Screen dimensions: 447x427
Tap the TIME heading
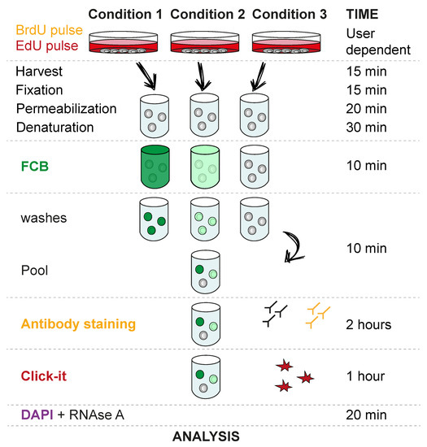tap(364, 14)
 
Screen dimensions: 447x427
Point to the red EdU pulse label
tap(41, 45)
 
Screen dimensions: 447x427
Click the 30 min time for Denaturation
tap(365, 128)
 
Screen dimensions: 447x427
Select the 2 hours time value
tap(369, 324)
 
